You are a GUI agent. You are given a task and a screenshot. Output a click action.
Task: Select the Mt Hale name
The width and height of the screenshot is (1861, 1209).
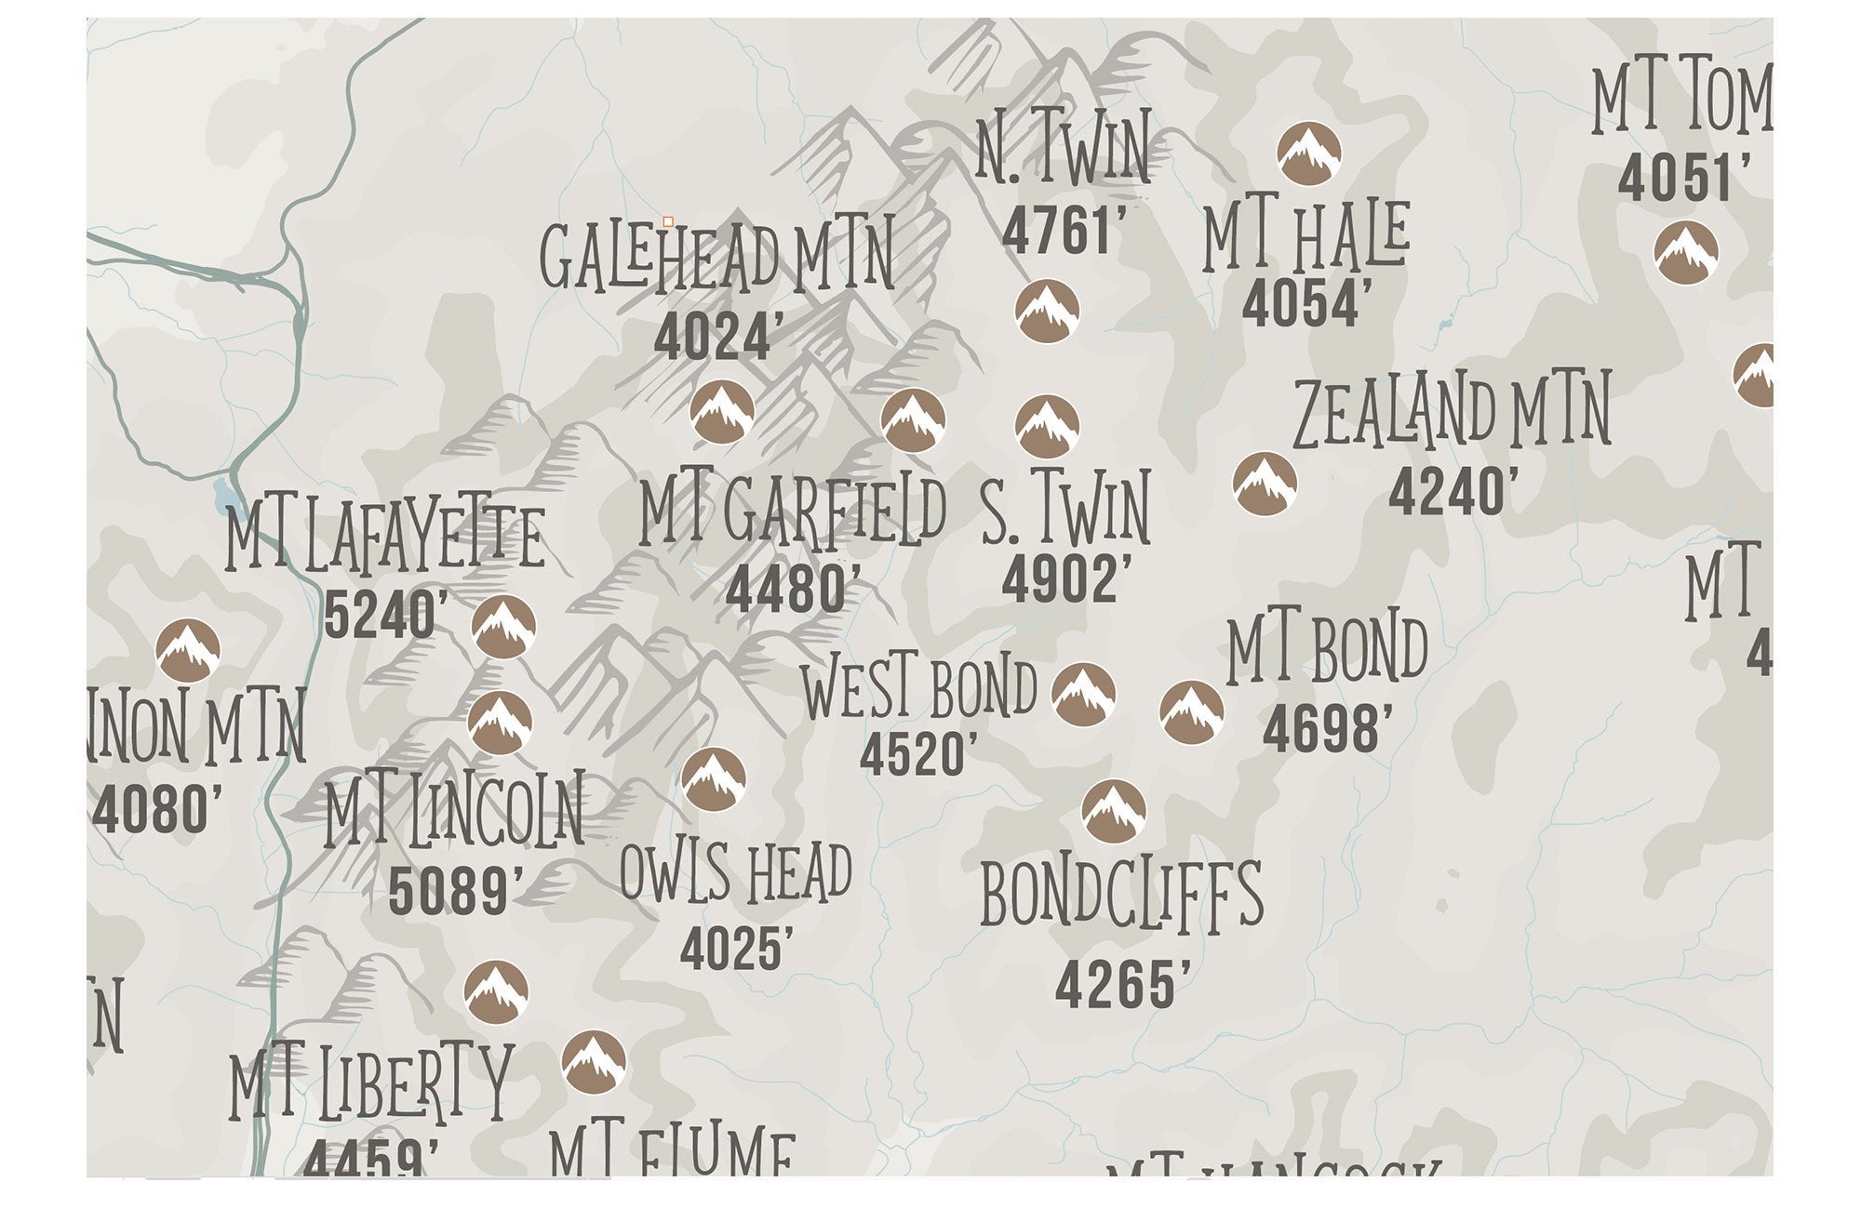1305,238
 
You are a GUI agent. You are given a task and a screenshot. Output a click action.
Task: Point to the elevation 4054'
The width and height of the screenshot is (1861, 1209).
1307,304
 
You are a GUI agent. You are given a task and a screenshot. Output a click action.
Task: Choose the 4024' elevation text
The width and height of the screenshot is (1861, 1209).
714,339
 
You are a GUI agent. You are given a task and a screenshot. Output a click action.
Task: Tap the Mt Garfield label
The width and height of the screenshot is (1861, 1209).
793,511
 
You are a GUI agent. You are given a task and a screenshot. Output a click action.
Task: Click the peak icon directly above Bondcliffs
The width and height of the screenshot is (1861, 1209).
1113,811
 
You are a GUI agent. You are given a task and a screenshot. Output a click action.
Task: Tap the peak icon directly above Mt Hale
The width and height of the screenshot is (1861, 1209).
1308,153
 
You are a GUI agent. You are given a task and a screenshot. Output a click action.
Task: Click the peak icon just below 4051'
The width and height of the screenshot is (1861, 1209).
1685,252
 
